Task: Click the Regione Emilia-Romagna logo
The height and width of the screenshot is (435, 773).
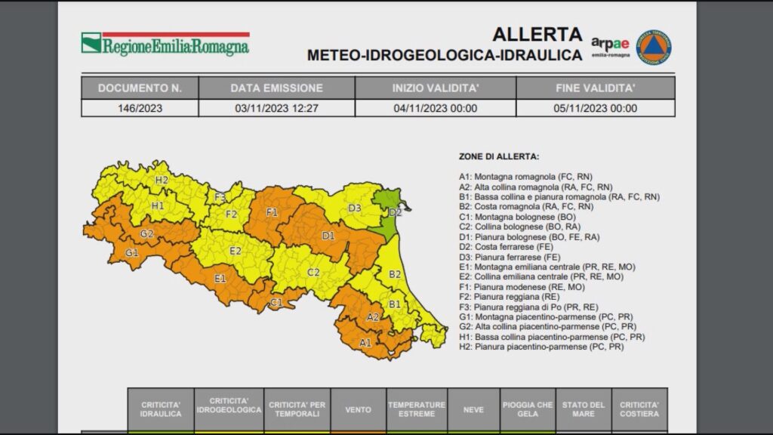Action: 165,44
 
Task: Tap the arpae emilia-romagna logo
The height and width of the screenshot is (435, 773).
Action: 610,47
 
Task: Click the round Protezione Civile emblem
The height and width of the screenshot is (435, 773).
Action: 653,47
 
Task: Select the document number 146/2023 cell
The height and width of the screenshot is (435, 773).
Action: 140,108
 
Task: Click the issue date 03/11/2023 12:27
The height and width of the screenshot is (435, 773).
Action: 276,108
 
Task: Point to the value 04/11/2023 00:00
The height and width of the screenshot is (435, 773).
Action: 436,108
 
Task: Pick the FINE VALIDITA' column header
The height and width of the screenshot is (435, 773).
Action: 596,88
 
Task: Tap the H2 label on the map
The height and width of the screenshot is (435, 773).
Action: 162,180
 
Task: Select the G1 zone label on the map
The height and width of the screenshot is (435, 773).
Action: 132,253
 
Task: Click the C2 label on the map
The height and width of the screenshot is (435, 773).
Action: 313,273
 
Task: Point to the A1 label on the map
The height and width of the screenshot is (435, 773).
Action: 365,343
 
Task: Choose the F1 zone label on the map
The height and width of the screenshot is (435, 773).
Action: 272,212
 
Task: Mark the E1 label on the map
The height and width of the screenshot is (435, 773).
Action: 220,279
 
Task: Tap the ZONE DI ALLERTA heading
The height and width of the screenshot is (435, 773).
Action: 499,156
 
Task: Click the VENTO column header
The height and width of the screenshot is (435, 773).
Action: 358,409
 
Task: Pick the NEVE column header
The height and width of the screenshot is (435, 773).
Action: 473,409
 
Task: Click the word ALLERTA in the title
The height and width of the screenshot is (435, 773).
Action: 537,35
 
